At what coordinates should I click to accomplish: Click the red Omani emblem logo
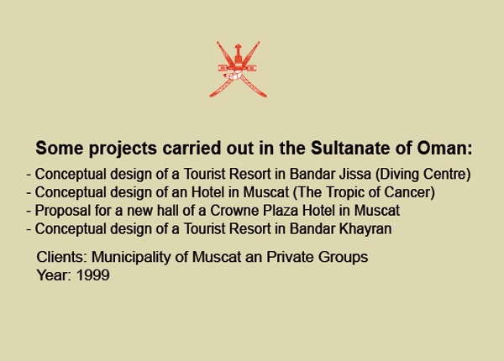point(238,69)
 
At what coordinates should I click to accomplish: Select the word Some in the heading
point(60,148)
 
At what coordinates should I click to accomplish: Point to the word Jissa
point(355,174)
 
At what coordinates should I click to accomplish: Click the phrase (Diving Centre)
point(423,174)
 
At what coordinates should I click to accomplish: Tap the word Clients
point(60,257)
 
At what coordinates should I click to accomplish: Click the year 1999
point(93,275)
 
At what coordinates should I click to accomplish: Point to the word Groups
point(343,257)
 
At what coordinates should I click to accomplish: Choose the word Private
point(290,257)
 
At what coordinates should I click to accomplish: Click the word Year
point(52,275)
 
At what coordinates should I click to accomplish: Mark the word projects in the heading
point(123,149)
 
